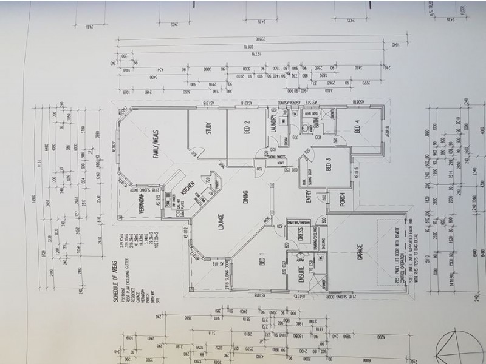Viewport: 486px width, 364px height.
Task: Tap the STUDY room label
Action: (208, 131)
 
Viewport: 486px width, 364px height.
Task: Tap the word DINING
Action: (246, 197)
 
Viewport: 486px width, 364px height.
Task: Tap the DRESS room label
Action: (301, 236)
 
